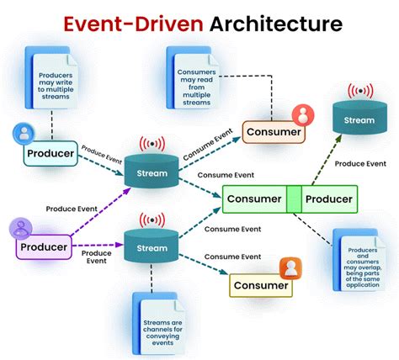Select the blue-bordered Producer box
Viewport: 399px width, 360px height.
click(50, 155)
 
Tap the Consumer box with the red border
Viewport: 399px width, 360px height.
click(272, 132)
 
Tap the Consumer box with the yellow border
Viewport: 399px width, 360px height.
click(260, 286)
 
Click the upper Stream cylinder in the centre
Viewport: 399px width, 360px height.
click(152, 174)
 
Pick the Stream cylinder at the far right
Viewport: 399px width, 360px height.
click(360, 119)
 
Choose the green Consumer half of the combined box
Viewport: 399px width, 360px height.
click(254, 199)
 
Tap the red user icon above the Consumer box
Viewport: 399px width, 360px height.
click(300, 114)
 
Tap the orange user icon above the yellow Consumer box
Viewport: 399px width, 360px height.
click(290, 267)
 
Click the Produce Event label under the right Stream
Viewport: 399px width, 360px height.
click(360, 163)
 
